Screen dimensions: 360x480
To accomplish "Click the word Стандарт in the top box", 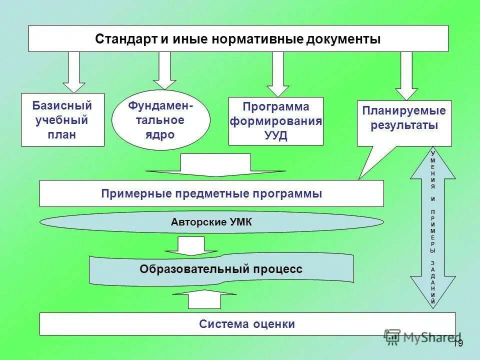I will [125, 39].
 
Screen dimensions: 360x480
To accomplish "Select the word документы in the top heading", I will [341, 39].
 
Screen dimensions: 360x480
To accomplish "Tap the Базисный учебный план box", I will [62, 120].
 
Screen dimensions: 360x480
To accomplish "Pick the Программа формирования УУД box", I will [275, 121].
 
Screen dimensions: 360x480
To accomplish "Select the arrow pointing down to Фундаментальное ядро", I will [164, 69].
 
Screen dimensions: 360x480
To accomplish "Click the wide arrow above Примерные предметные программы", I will [215, 165].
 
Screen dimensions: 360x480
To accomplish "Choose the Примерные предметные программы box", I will [211, 193].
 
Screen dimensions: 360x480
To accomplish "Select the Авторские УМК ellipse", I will [211, 222].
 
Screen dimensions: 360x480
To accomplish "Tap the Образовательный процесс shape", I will [221, 269].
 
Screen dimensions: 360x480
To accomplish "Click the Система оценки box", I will [247, 324].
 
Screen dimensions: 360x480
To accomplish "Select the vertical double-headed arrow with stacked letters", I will [433, 227].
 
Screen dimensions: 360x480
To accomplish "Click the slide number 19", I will [458, 343].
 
